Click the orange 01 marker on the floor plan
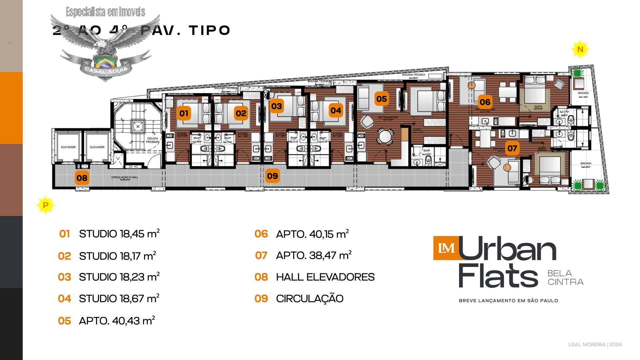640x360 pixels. click(x=184, y=113)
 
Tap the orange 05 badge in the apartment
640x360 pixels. click(x=381, y=99)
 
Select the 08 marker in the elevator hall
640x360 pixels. click(x=82, y=178)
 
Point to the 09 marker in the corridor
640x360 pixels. click(x=272, y=176)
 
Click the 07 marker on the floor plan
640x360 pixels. click(x=512, y=148)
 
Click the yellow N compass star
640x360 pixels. click(x=580, y=49)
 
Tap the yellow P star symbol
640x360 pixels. click(x=46, y=205)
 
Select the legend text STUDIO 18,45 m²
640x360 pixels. click(x=119, y=234)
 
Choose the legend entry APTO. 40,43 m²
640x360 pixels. click(x=117, y=321)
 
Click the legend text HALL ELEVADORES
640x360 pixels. click(x=325, y=277)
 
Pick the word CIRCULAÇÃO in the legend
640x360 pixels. click(x=309, y=298)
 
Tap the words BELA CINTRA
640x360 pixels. click(x=565, y=278)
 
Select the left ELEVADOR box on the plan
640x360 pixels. click(x=68, y=147)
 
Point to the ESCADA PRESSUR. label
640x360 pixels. click(x=152, y=140)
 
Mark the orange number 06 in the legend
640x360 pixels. click(x=261, y=234)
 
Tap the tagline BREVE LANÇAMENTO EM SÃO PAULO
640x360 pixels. click(x=508, y=301)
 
